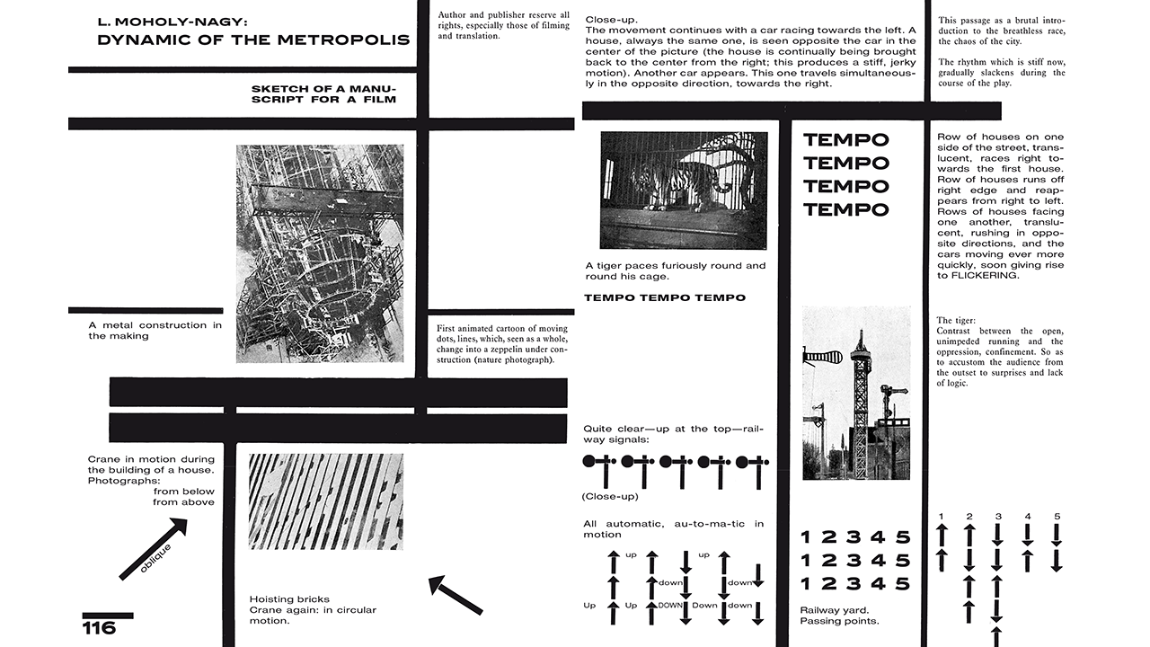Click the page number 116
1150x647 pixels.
pyautogui.click(x=100, y=627)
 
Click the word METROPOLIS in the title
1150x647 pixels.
pyautogui.click(x=350, y=40)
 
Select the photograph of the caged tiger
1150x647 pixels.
pyautogui.click(x=684, y=191)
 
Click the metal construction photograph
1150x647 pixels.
pyautogui.click(x=320, y=253)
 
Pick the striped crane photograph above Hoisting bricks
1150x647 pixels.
pyautogui.click(x=325, y=501)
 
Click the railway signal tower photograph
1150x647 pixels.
pyautogui.click(x=856, y=393)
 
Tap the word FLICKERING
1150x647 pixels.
pyautogui.click(x=977, y=276)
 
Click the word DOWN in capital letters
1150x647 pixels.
pyautogui.click(x=671, y=606)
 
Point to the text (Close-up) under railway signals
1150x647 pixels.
pyautogui.click(x=609, y=496)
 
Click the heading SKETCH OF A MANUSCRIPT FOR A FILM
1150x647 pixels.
pyautogui.click(x=323, y=94)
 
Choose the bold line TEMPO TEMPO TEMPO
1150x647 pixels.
pyautogui.click(x=665, y=297)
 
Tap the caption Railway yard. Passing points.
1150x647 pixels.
pyautogui.click(x=839, y=616)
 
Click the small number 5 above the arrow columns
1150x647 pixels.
pyautogui.click(x=1057, y=517)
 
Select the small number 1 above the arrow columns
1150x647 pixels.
pyautogui.click(x=941, y=517)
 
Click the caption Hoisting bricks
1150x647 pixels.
pyautogui.click(x=289, y=599)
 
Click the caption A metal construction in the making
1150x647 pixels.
pyautogui.click(x=155, y=330)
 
